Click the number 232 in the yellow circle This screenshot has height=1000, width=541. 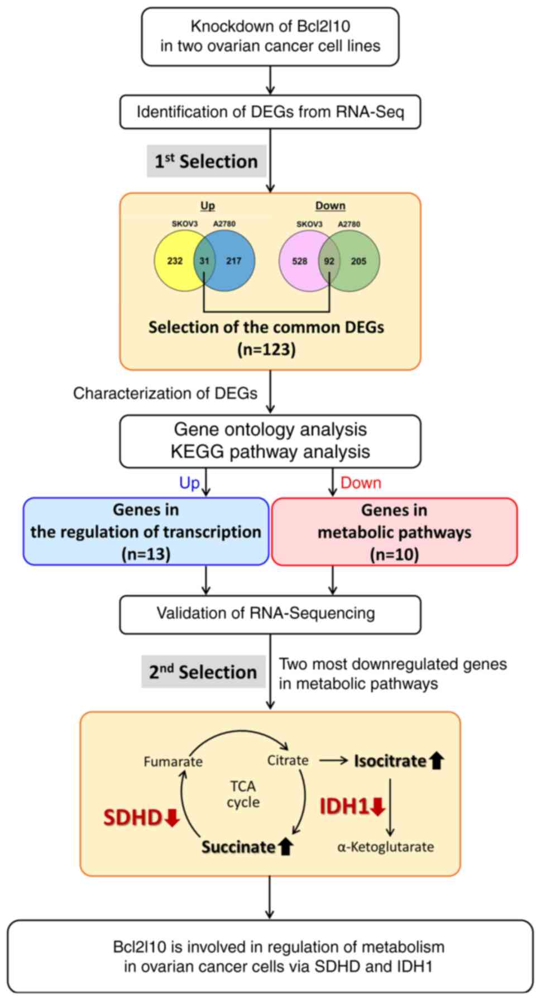click(175, 261)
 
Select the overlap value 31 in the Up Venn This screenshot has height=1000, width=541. click(204, 261)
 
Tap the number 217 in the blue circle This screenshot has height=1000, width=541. click(233, 261)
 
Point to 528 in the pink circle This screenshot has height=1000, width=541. click(300, 261)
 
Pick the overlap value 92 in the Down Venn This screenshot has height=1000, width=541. click(329, 261)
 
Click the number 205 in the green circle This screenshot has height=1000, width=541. click(358, 261)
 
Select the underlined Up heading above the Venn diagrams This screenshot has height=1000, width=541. click(208, 205)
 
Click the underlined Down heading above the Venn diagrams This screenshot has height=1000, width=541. click(330, 205)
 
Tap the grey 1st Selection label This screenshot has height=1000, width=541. click(206, 161)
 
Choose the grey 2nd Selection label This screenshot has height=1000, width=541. click(203, 672)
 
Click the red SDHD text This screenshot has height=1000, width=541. click(133, 818)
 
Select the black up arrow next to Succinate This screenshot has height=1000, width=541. click(285, 847)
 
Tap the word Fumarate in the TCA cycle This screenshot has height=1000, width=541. click(173, 762)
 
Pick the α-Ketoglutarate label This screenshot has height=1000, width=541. click(385, 847)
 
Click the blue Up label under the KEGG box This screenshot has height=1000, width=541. click(189, 483)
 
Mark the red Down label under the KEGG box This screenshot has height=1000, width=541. click(361, 483)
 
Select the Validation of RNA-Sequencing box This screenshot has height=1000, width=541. click(270, 614)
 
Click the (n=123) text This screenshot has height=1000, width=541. click(266, 350)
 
